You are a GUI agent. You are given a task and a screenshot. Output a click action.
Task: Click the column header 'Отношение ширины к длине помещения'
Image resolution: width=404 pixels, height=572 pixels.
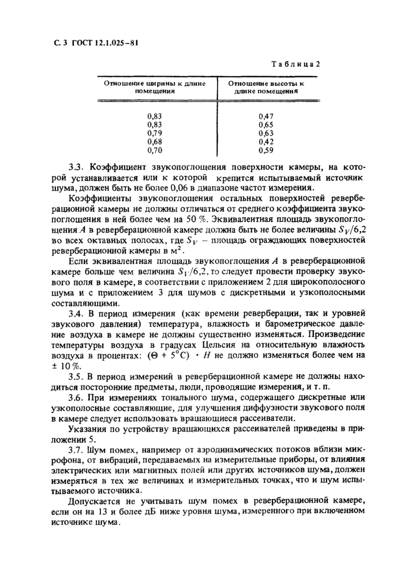point(154,86)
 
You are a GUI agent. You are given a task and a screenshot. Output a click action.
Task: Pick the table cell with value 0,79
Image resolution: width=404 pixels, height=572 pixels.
point(154,133)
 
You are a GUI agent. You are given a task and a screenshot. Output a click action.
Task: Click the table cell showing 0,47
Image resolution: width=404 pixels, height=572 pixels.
point(266,116)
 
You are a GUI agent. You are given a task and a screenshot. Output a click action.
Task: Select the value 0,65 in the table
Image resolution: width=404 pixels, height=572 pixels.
point(266,125)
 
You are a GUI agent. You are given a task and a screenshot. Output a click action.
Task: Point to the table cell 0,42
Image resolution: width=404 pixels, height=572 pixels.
point(266,141)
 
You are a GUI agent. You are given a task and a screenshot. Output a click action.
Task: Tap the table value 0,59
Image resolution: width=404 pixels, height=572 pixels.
point(266,150)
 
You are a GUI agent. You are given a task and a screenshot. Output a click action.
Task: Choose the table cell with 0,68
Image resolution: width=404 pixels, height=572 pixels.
point(154,141)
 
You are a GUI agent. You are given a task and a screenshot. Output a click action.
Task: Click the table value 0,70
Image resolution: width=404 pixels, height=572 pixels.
point(154,150)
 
